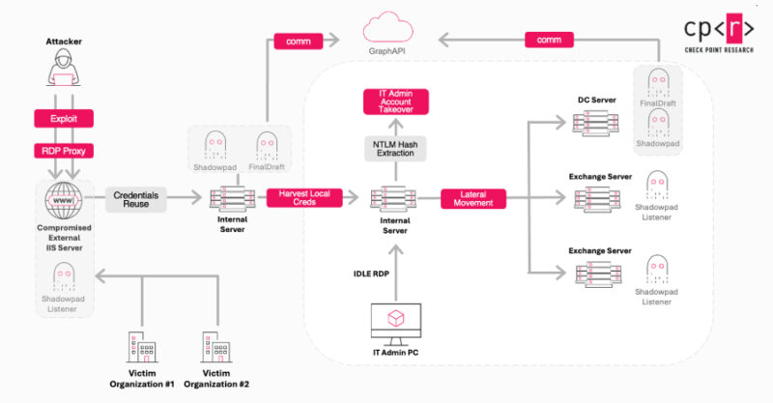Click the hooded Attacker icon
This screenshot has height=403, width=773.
(64, 73)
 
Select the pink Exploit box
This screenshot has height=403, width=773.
(64, 119)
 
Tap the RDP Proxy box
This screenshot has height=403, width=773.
(64, 153)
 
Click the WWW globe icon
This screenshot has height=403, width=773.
(64, 198)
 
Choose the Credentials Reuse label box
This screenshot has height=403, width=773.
(135, 199)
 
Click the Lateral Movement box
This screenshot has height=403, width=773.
(473, 199)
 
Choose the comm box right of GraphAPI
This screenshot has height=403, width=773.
(549, 41)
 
